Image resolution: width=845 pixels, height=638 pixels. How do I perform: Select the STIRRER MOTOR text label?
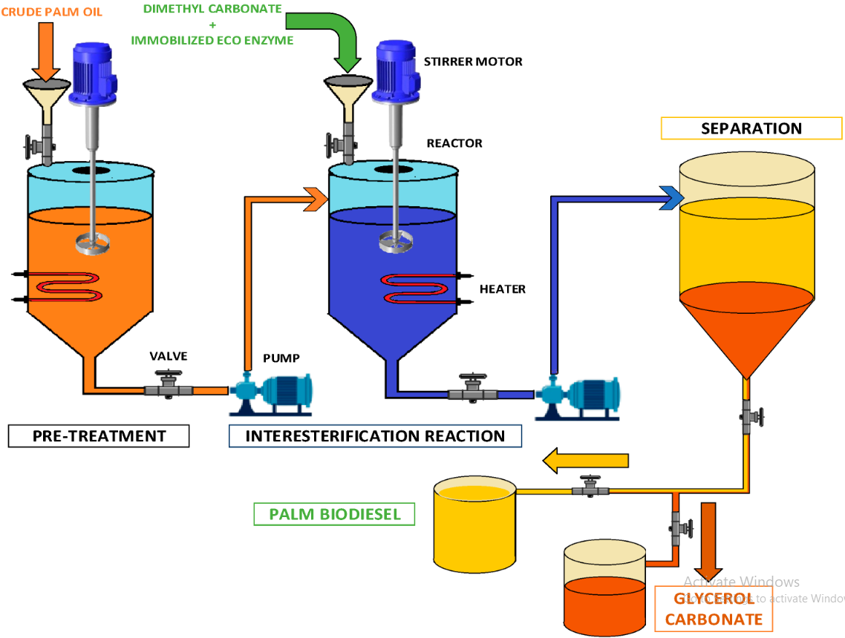(473, 62)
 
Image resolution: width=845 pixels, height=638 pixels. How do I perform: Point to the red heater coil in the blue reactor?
(417, 289)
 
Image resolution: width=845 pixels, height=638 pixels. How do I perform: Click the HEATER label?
(503, 289)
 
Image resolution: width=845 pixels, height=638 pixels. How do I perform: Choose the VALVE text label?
(169, 356)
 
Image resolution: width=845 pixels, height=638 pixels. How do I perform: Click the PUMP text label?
(281, 358)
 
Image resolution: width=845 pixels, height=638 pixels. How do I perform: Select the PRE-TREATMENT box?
(99, 436)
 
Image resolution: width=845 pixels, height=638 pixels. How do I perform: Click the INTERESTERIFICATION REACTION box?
(375, 436)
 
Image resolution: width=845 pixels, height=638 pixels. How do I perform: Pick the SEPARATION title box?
(751, 128)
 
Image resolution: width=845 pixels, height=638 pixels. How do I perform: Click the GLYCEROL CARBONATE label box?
(714, 608)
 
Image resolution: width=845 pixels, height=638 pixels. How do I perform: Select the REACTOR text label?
(454, 143)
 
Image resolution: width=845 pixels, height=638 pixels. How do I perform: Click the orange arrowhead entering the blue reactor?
(316, 199)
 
